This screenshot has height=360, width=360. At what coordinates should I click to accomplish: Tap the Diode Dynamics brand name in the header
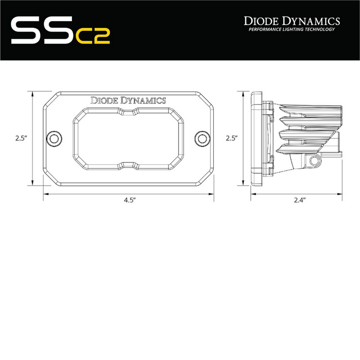[x=292, y=21]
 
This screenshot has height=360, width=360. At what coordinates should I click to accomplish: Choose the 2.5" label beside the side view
[x=232, y=139]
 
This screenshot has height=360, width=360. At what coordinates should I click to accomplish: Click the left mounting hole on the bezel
[x=55, y=138]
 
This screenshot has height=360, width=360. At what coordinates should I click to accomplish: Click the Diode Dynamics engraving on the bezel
[x=128, y=100]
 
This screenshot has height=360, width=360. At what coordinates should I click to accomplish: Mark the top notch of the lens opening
[x=129, y=112]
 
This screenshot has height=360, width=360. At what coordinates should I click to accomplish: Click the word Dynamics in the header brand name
[x=311, y=21]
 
